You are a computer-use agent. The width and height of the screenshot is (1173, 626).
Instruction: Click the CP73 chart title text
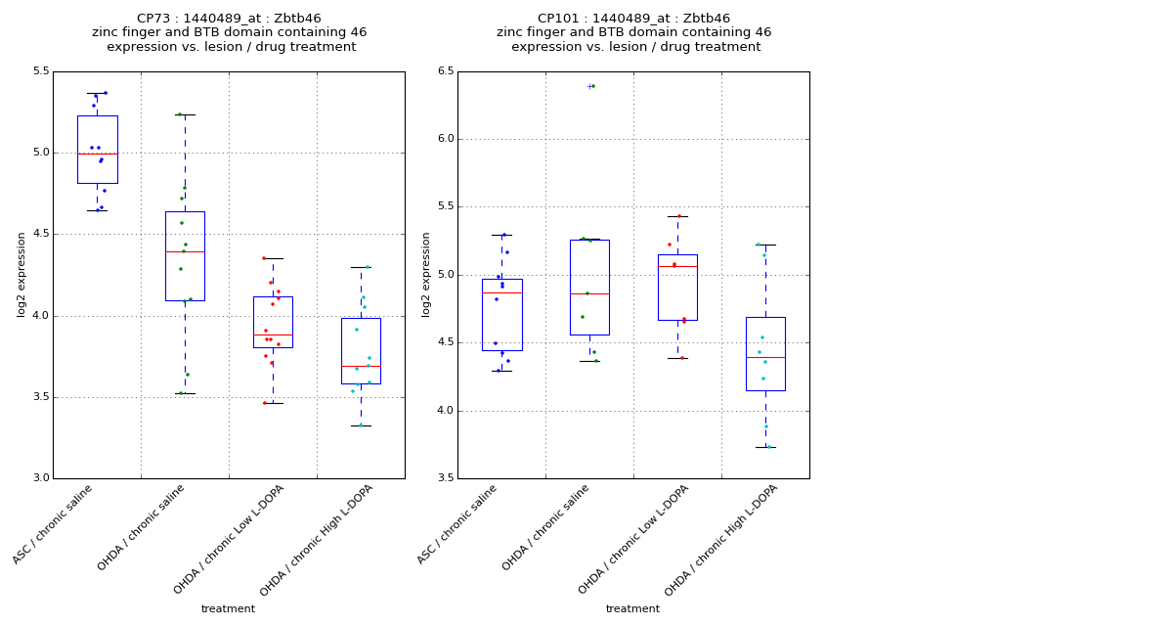(x=229, y=32)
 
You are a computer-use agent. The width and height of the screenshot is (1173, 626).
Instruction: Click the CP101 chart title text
(x=633, y=32)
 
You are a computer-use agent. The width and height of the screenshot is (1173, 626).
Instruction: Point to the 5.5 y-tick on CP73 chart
(x=40, y=71)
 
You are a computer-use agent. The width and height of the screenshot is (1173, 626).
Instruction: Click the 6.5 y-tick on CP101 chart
(x=445, y=71)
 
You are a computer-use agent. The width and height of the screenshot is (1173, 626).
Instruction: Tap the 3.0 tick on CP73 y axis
(x=40, y=478)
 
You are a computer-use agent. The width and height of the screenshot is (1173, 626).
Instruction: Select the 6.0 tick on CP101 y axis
(x=445, y=139)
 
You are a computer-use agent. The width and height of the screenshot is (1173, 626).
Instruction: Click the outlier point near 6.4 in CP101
(x=591, y=86)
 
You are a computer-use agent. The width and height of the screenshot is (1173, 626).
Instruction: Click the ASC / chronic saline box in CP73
(x=97, y=150)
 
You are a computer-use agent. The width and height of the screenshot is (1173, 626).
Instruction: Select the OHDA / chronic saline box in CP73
(x=185, y=256)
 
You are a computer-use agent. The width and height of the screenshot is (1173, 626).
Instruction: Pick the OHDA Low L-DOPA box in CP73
(x=273, y=322)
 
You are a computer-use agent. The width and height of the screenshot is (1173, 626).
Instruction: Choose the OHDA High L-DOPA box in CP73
(x=361, y=350)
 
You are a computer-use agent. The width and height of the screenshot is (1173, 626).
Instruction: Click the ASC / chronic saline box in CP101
(x=501, y=314)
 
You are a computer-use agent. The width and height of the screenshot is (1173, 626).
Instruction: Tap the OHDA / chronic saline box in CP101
(x=589, y=287)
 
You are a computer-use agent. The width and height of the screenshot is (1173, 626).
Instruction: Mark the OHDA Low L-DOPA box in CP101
(x=677, y=287)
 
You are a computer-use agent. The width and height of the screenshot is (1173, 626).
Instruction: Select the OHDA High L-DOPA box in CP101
(x=765, y=353)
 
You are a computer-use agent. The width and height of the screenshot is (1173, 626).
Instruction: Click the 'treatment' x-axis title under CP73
(x=228, y=608)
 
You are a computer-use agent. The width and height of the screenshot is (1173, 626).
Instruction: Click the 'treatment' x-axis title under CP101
(x=632, y=608)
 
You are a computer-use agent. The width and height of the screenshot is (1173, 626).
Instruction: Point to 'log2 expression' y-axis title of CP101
(x=426, y=274)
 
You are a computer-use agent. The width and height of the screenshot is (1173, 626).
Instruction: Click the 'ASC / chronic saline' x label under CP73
(x=55, y=523)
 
